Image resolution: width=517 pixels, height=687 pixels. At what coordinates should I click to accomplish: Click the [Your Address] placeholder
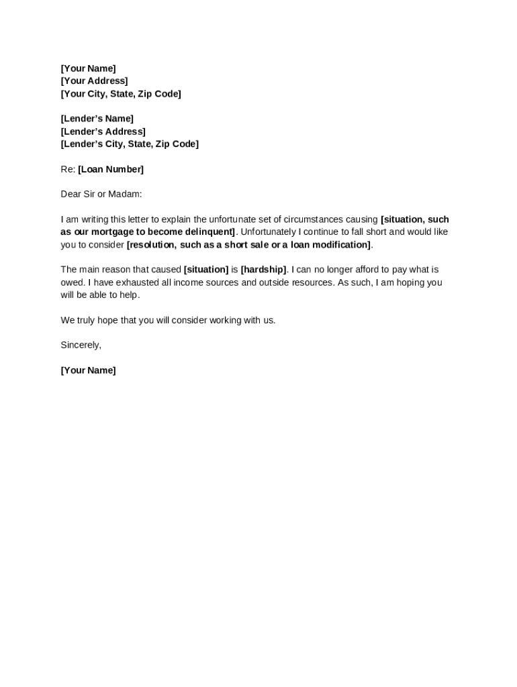94,81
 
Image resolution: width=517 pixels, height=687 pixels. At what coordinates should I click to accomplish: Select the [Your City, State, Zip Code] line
121,94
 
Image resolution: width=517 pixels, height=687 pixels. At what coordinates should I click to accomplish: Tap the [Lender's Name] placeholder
97,119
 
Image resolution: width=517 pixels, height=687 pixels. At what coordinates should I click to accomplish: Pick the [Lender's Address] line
103,131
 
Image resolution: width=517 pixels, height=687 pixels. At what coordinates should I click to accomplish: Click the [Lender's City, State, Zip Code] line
130,144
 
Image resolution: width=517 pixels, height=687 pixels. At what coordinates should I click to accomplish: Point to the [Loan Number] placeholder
111,169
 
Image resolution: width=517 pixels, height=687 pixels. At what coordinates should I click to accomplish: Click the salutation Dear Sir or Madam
101,195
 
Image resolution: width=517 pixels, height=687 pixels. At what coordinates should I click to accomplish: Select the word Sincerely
81,345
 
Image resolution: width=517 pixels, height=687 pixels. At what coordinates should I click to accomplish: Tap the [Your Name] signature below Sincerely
88,370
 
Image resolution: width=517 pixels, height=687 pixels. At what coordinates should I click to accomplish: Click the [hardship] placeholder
263,270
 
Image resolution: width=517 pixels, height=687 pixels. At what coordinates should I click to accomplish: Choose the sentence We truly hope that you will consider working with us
168,320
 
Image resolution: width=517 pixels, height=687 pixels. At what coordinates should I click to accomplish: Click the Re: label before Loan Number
68,169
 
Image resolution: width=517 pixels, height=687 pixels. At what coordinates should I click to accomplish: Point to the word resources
310,282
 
